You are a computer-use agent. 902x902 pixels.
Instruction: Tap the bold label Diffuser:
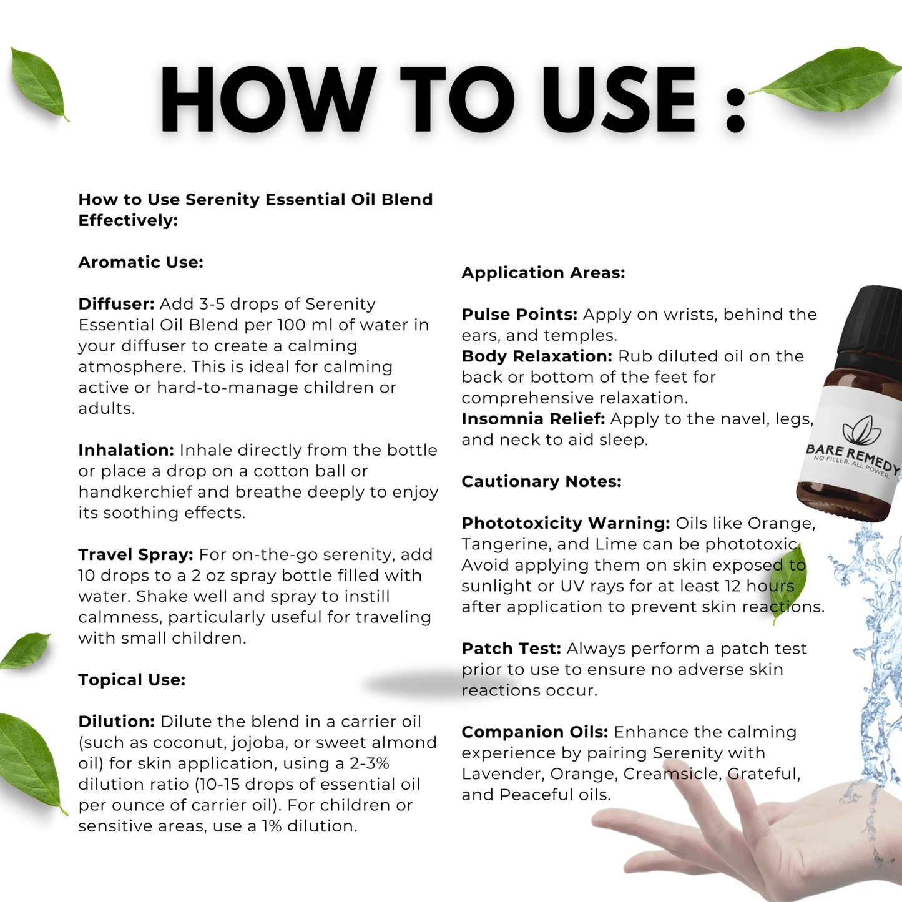pyautogui.click(x=117, y=304)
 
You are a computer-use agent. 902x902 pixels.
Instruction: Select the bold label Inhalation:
pyautogui.click(x=126, y=450)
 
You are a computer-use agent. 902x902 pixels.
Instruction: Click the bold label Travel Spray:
pyautogui.click(x=135, y=555)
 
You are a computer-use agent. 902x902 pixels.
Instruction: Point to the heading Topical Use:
pyautogui.click(x=132, y=680)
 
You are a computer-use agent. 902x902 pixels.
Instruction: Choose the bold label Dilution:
pyautogui.click(x=117, y=722)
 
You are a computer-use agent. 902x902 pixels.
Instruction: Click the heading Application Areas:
pyautogui.click(x=544, y=273)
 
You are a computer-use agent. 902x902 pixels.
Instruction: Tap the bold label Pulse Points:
pyautogui.click(x=519, y=315)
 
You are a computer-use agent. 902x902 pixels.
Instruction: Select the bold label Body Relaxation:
pyautogui.click(x=537, y=356)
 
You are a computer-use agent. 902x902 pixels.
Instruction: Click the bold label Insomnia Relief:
pyautogui.click(x=533, y=419)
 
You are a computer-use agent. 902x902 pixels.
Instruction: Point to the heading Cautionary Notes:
pyautogui.click(x=542, y=482)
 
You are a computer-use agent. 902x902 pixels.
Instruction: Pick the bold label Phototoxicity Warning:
pyautogui.click(x=566, y=523)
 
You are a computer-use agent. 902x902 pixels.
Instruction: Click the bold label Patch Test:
pyautogui.click(x=511, y=649)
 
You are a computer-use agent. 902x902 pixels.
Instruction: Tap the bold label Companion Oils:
pyautogui.click(x=535, y=732)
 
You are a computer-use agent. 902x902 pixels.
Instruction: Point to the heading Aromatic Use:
pyautogui.click(x=141, y=263)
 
